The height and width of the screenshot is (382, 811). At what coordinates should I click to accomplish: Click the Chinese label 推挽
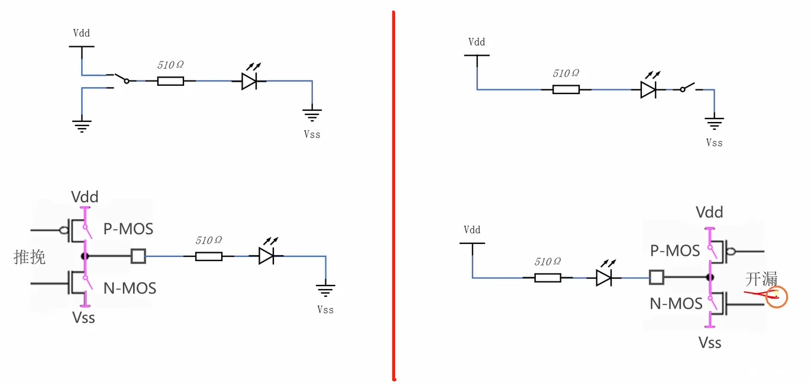[30, 257]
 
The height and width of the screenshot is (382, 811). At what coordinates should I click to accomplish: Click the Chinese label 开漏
[761, 279]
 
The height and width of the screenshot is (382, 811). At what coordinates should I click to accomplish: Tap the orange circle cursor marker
[777, 297]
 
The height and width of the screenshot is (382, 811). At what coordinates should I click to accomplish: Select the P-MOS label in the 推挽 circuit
[128, 229]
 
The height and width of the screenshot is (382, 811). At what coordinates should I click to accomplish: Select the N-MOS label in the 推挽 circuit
[130, 288]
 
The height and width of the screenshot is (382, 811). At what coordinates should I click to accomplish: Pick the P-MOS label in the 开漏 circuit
[675, 251]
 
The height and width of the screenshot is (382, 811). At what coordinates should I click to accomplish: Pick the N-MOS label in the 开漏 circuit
[676, 304]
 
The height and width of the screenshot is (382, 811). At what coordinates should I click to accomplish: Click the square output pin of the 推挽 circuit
[138, 256]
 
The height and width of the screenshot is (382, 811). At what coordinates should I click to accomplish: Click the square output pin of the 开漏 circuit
[657, 277]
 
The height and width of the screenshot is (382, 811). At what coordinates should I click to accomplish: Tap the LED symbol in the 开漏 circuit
[605, 274]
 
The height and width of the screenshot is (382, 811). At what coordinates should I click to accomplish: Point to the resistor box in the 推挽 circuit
[209, 256]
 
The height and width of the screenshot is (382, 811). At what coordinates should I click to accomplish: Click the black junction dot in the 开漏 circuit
[710, 278]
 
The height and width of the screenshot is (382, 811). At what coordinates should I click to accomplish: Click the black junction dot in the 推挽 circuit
[85, 256]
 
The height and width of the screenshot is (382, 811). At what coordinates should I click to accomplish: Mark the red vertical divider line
[393, 195]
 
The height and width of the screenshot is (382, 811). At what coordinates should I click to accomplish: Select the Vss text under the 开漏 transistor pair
[710, 343]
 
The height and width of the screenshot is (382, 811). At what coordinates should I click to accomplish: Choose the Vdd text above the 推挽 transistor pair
[85, 197]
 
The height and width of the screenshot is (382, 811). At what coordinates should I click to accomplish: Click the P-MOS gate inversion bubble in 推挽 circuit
[64, 230]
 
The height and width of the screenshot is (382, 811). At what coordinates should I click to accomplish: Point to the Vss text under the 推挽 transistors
[83, 318]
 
